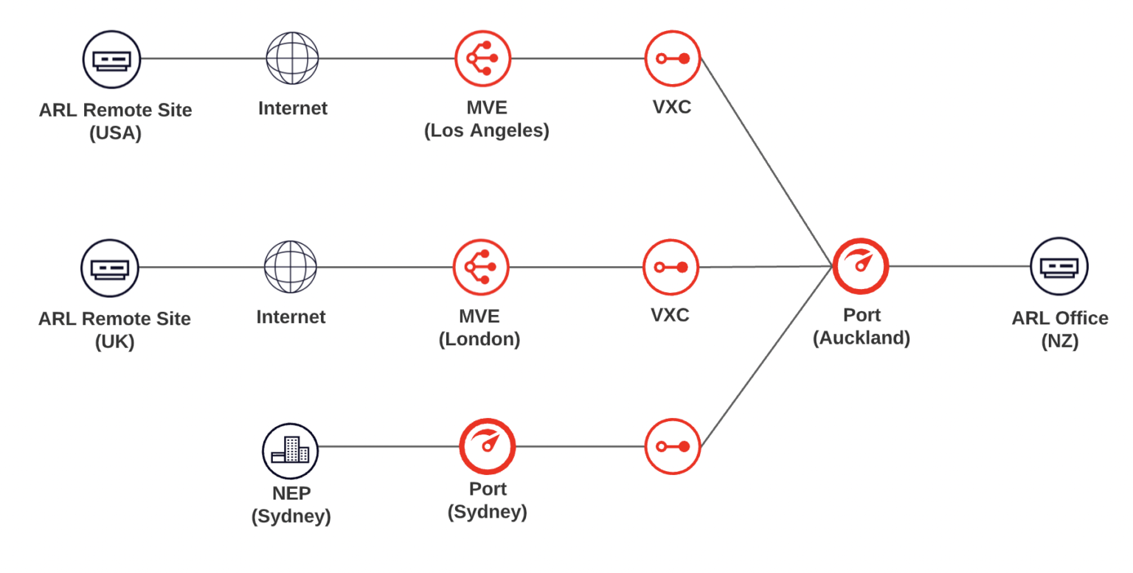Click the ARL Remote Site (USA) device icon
tap(111, 58)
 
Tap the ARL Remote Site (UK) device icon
tap(110, 268)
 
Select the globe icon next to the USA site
tap(292, 58)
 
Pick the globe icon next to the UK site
tap(291, 267)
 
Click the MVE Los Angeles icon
tap(482, 58)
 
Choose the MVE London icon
tap(481, 267)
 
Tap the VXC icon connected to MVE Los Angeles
tap(672, 58)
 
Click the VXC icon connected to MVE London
tap(671, 267)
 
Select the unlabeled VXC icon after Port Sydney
tap(672, 446)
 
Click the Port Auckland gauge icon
tap(860, 266)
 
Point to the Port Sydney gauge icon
tap(487, 446)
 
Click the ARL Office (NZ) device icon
tap(1059, 266)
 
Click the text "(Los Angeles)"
tap(486, 131)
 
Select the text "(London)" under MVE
tap(479, 340)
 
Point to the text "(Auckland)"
tap(861, 338)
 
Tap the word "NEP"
tap(291, 493)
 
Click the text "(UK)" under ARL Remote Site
tap(114, 342)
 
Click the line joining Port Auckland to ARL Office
tap(959, 266)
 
